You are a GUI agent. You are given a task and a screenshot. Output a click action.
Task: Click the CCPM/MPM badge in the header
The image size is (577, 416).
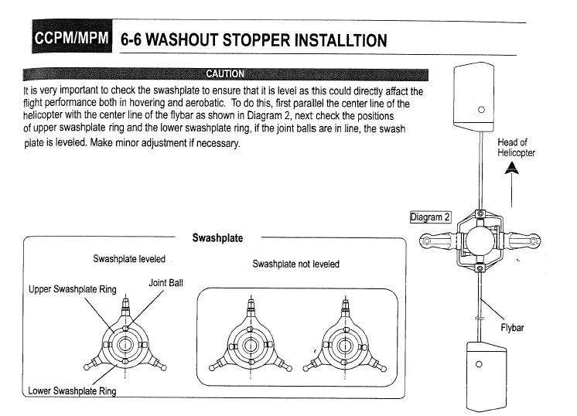coord(68,37)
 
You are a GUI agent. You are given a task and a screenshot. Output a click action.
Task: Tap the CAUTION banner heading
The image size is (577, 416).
coord(224,74)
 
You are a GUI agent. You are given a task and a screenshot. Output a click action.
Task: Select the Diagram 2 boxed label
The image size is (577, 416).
coord(431,217)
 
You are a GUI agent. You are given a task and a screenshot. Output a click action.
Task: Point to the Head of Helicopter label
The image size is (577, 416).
coord(516,147)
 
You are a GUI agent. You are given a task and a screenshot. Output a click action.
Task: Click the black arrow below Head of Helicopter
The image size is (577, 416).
coord(510,176)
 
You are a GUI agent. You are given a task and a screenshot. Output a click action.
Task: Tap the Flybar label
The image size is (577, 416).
coord(511,327)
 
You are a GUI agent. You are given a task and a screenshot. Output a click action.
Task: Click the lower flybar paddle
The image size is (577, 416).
coord(479,374)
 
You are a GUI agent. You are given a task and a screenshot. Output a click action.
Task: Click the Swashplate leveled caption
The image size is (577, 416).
coord(129,258)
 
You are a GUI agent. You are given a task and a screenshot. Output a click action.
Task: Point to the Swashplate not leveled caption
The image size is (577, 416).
coord(295,264)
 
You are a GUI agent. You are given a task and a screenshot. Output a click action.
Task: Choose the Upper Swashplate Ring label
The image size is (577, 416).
coord(72,290)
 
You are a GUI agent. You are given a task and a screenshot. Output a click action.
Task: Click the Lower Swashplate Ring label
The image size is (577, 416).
coord(72,390)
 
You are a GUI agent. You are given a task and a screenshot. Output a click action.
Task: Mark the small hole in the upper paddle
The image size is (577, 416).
coord(480,109)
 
